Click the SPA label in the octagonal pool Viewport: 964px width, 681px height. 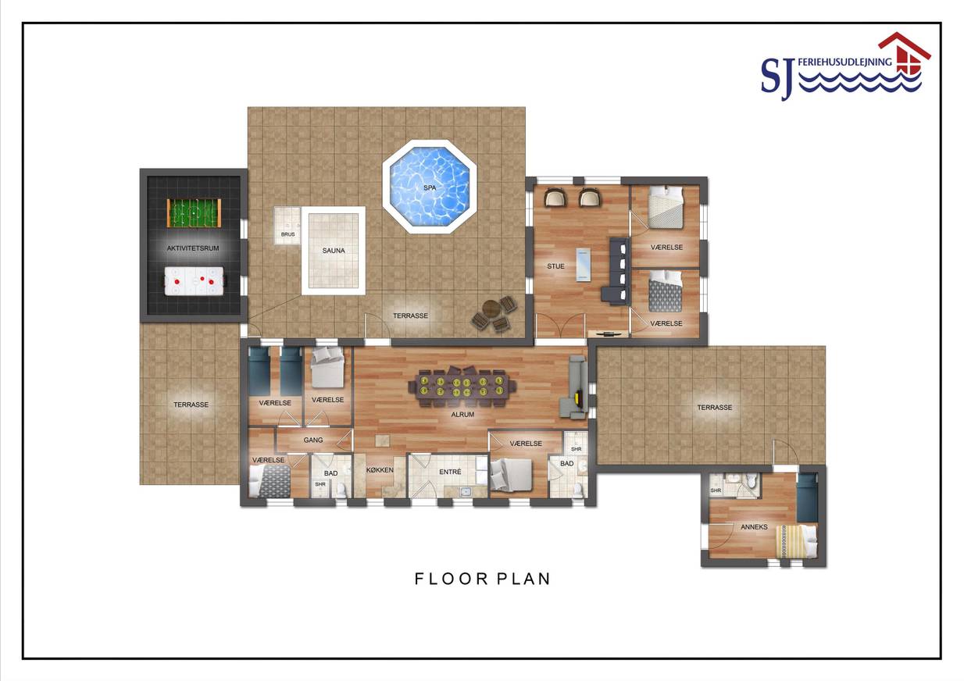click(x=430, y=188)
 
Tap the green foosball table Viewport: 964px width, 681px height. click(x=194, y=213)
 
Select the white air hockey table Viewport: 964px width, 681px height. click(x=194, y=281)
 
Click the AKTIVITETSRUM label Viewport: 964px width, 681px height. click(x=193, y=248)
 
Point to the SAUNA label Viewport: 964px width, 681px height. click(x=334, y=251)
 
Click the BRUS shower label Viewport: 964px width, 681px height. click(x=288, y=234)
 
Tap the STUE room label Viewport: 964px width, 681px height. click(x=555, y=266)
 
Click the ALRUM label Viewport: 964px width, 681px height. click(x=462, y=414)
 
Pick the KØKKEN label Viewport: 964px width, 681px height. click(x=380, y=470)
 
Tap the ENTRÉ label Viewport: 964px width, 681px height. click(x=450, y=472)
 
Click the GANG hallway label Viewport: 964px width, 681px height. click(x=312, y=440)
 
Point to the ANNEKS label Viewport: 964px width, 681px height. click(x=754, y=526)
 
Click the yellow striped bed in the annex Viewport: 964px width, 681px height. click(x=796, y=542)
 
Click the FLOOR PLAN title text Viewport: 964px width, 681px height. click(x=483, y=579)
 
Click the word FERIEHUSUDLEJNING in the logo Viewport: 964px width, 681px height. click(x=844, y=62)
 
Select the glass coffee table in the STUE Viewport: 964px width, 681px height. click(x=583, y=266)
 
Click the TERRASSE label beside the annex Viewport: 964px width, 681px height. click(x=714, y=408)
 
